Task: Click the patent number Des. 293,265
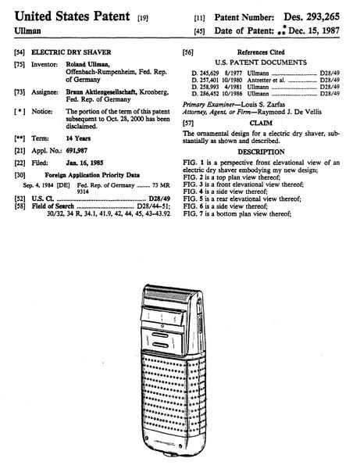tap(312, 16)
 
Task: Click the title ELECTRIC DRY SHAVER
tap(71, 52)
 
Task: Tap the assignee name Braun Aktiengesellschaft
tap(101, 91)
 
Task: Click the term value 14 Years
tap(78, 138)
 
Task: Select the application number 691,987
tap(77, 151)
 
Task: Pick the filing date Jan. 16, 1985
tap(84, 163)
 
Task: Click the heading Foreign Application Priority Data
tap(92, 175)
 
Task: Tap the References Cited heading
tap(261, 52)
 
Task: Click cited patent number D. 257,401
tap(205, 81)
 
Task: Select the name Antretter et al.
tap(266, 81)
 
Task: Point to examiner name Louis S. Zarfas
tap(263, 105)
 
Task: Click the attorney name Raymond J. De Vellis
tap(290, 112)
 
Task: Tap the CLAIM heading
tap(261, 124)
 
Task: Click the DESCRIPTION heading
tap(261, 152)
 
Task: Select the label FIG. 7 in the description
tap(194, 214)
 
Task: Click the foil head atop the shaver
tap(166, 296)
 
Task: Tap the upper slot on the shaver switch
tap(160, 335)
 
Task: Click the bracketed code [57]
tap(188, 124)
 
